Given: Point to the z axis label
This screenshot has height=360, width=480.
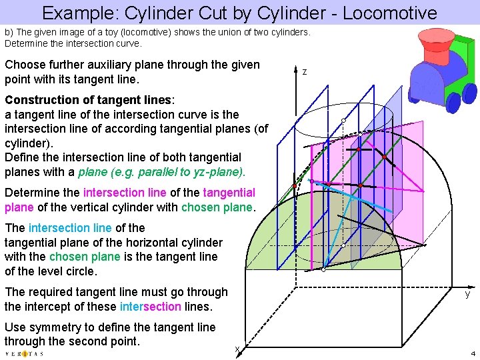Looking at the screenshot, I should [x=304, y=71].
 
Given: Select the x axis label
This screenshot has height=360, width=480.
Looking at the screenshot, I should [x=236, y=349].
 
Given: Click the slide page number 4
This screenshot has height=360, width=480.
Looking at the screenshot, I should [x=472, y=353].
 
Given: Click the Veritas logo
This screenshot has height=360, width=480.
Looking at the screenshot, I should [x=24, y=353].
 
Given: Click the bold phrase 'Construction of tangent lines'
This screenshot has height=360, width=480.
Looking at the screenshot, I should [x=88, y=100].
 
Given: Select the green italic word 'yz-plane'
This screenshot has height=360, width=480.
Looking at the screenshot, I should [x=219, y=172].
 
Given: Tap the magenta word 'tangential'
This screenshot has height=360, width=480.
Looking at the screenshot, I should [x=229, y=193].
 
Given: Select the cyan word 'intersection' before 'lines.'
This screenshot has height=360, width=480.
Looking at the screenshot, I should [x=150, y=307].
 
